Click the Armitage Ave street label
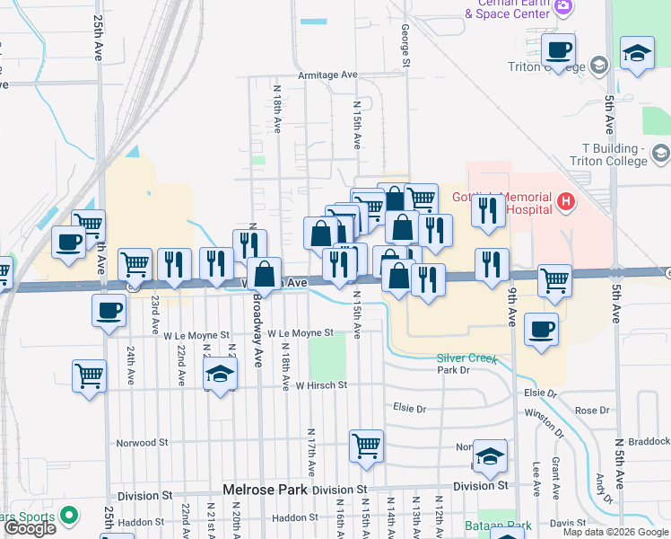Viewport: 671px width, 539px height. tap(328, 75)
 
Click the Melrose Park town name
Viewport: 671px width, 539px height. tap(265, 490)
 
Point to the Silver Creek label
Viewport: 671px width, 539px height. tap(466, 358)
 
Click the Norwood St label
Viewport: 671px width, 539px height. tap(142, 442)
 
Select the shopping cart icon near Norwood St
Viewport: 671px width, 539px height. tap(366, 445)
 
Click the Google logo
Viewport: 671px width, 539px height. tap(30, 528)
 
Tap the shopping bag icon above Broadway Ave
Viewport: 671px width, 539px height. tap(265, 274)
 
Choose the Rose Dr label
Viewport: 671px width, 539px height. tap(592, 411)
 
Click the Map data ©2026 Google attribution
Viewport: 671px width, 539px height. tap(615, 532)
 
